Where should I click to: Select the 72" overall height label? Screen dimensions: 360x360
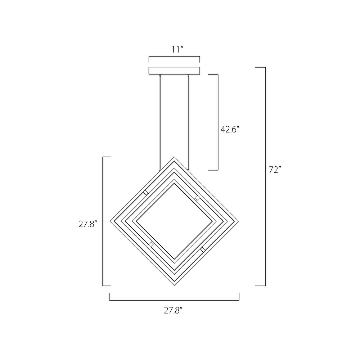(x=275, y=170)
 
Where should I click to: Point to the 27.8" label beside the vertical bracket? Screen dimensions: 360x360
(x=88, y=224)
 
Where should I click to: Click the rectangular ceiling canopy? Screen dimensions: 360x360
(x=175, y=71)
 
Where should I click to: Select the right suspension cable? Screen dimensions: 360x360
(x=188, y=122)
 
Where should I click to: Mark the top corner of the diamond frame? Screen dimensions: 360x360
(x=175, y=157)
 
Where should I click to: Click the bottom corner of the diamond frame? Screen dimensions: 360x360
(x=175, y=285)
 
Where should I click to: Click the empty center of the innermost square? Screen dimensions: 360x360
(x=175, y=221)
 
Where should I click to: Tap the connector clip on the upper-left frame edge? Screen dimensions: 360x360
(x=146, y=193)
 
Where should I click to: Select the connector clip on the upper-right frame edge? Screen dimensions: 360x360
(x=197, y=198)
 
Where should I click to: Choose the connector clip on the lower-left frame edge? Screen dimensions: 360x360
(x=152, y=244)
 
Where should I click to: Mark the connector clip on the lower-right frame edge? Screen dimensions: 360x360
(x=203, y=249)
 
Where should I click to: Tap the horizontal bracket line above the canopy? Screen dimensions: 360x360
(x=175, y=57)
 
